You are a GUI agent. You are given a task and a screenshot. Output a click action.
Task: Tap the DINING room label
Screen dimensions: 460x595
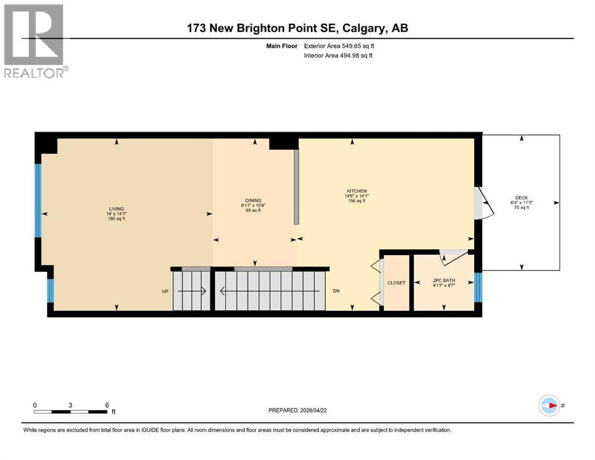[253, 201]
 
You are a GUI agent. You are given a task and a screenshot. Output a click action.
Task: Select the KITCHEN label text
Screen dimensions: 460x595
[355, 191]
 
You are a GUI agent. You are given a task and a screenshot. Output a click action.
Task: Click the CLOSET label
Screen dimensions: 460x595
[397, 283]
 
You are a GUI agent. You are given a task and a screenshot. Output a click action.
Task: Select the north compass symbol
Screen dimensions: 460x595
[549, 405]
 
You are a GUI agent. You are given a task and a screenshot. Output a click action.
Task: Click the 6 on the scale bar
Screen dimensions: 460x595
[107, 405]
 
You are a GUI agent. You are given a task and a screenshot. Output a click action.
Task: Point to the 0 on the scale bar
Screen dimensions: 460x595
[35, 405]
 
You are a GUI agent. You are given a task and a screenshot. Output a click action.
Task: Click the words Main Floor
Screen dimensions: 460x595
[282, 46]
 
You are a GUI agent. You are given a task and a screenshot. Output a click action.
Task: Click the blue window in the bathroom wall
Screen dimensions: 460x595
[478, 287]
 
